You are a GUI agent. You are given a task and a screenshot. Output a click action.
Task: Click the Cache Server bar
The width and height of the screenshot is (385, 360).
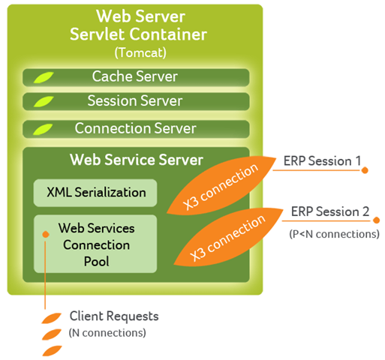point(135,76)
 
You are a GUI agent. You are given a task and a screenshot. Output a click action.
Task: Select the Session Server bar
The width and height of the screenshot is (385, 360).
point(135,100)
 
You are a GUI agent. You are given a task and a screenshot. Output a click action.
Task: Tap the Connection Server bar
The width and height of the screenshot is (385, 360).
point(135,128)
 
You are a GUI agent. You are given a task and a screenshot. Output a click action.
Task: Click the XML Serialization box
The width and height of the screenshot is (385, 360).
point(95,192)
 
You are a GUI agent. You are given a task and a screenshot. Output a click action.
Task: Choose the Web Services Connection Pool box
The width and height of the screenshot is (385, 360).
point(95,244)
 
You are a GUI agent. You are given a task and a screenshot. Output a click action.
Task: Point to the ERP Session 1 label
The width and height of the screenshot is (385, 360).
point(322,160)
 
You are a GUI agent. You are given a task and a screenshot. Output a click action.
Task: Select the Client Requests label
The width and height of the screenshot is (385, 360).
point(113,316)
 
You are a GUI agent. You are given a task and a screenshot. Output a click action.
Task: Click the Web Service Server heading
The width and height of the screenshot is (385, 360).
point(136,160)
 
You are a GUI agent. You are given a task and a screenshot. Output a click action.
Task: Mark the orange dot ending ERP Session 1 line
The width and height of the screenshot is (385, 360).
point(365,171)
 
